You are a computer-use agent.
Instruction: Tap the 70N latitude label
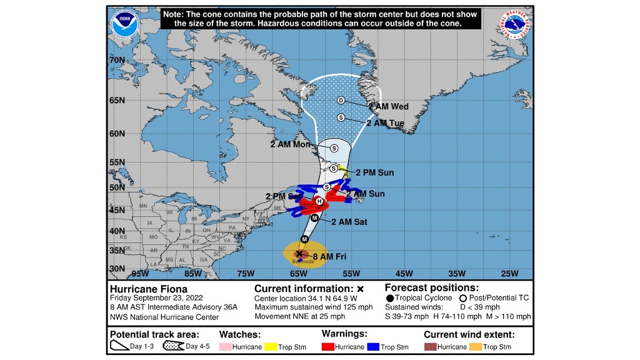[x=117, y=60]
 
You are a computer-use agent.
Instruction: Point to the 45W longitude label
[x=404, y=273]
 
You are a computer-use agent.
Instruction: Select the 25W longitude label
[x=510, y=273]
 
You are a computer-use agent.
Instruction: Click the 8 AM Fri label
[x=329, y=256]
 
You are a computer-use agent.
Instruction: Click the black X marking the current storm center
[x=299, y=253]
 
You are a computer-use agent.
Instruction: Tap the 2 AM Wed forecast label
[x=388, y=107]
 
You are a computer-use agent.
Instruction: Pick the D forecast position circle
[x=341, y=101]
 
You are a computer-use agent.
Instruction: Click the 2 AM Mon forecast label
[x=290, y=144]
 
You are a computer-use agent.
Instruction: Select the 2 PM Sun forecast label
[x=375, y=172]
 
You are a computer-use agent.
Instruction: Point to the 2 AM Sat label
[x=349, y=222]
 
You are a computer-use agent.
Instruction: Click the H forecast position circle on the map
[x=319, y=201]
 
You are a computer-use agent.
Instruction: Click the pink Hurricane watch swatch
[x=225, y=347]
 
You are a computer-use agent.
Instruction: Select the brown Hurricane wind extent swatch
[x=429, y=347]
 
